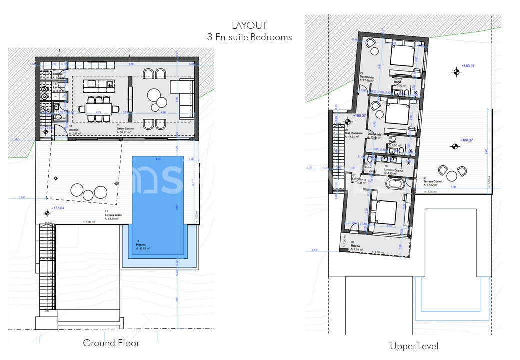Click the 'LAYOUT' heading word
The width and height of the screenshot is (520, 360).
(249, 25)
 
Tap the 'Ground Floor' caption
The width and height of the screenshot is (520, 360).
(111, 343)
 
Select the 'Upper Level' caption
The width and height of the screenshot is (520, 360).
(414, 346)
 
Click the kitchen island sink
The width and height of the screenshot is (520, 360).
(109, 82)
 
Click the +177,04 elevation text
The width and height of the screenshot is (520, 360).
(58, 209)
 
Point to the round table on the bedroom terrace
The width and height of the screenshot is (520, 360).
(452, 175)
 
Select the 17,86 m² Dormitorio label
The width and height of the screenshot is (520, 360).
(367, 77)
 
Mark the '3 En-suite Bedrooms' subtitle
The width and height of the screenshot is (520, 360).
(249, 37)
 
